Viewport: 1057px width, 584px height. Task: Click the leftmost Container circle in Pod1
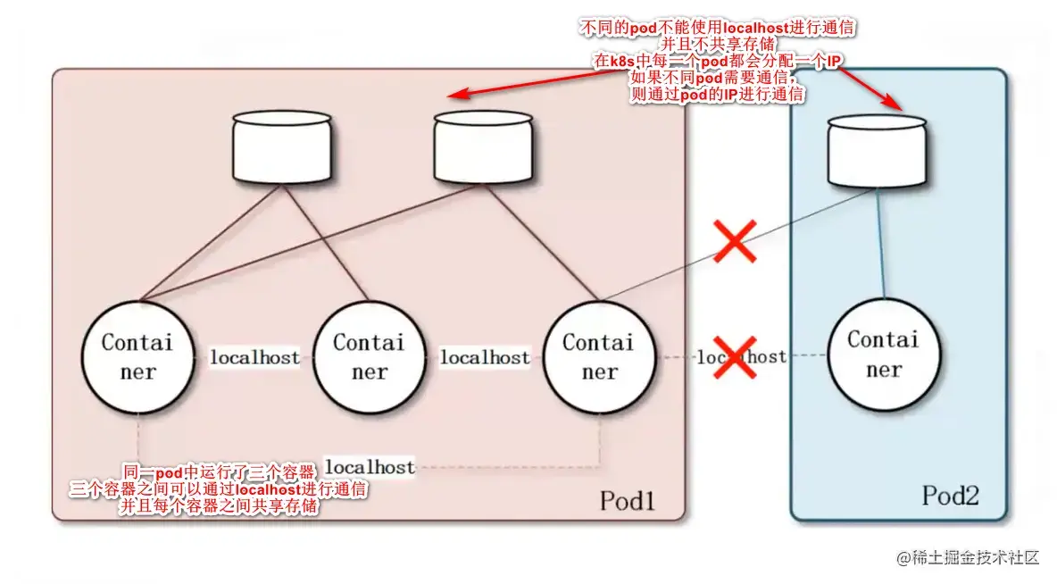[138, 357]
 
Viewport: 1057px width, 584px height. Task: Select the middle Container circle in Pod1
[369, 356]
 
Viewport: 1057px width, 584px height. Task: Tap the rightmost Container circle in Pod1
[599, 357]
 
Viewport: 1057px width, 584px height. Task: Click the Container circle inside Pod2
[883, 355]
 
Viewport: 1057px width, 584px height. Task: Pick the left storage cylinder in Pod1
[282, 148]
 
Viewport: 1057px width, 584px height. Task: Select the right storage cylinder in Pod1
[484, 148]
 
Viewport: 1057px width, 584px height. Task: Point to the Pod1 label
[628, 501]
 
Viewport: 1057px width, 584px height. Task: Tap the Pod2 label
[951, 496]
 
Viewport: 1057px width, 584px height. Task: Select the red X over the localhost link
[735, 357]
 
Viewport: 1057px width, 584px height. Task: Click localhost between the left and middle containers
[254, 357]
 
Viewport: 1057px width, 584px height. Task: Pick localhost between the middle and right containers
[485, 357]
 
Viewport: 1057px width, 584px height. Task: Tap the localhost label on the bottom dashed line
[370, 466]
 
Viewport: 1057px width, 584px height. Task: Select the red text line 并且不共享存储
[719, 44]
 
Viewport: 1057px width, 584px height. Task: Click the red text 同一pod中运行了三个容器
[220, 471]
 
